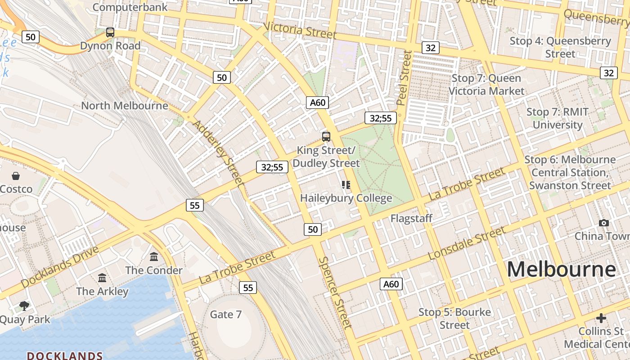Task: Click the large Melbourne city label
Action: pos(561,270)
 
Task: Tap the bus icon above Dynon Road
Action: pos(110,32)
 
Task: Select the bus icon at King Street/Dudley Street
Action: pos(326,136)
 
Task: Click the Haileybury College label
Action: pos(346,198)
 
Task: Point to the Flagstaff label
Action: pos(411,219)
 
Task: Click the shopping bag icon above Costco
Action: pos(16,176)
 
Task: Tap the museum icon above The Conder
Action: pos(154,257)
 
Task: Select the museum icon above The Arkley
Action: pos(102,278)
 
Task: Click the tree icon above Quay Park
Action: pos(24,306)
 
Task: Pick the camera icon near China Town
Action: pos(604,223)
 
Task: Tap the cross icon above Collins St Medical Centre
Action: pos(601,319)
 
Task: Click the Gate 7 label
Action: pos(226,314)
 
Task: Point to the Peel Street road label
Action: pos(404,77)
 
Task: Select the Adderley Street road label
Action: pos(218,153)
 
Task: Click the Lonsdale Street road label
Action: pos(467,243)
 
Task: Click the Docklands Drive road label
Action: pos(59,267)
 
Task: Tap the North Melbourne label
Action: pos(124,106)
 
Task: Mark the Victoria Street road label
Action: pos(300,31)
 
